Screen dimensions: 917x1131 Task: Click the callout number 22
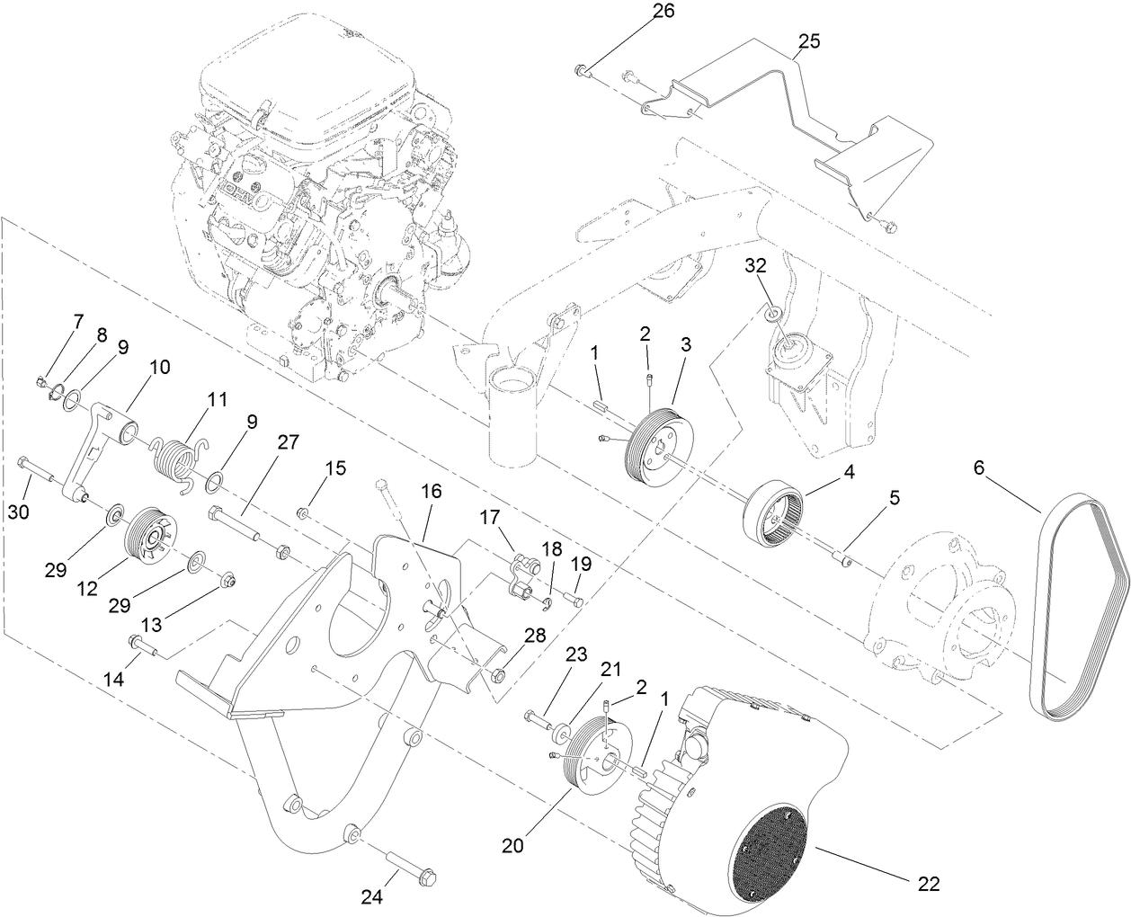coord(929,884)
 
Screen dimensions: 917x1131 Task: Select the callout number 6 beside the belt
coord(979,467)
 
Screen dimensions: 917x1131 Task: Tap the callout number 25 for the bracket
coord(808,41)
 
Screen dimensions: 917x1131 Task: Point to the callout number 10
coord(159,367)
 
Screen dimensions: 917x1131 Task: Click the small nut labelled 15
coord(304,513)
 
